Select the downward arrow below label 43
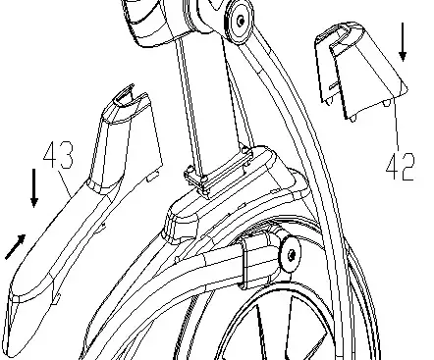pos(35,187)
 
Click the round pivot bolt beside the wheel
pos(291,255)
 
